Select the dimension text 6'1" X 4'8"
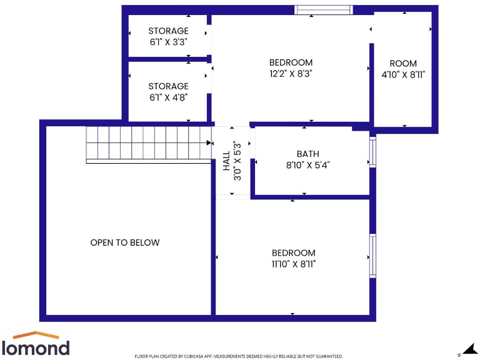pos(168,97)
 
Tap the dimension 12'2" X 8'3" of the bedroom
pos(291,73)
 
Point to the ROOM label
pos(402,63)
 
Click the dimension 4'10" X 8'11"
pos(402,74)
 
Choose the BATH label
pos(307,154)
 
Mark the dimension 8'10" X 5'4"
pos(307,165)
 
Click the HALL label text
pos(226,161)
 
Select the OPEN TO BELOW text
pos(125,242)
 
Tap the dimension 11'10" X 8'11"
pos(293,264)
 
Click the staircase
pos(148,144)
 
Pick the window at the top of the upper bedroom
pos(324,9)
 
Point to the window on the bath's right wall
pos(372,152)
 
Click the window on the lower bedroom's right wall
pos(372,255)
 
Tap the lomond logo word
pos(35,347)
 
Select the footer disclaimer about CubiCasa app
pos(239,356)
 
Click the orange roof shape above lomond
pos(36,336)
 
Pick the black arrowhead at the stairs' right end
pos(209,142)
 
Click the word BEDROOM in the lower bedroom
pos(293,252)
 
